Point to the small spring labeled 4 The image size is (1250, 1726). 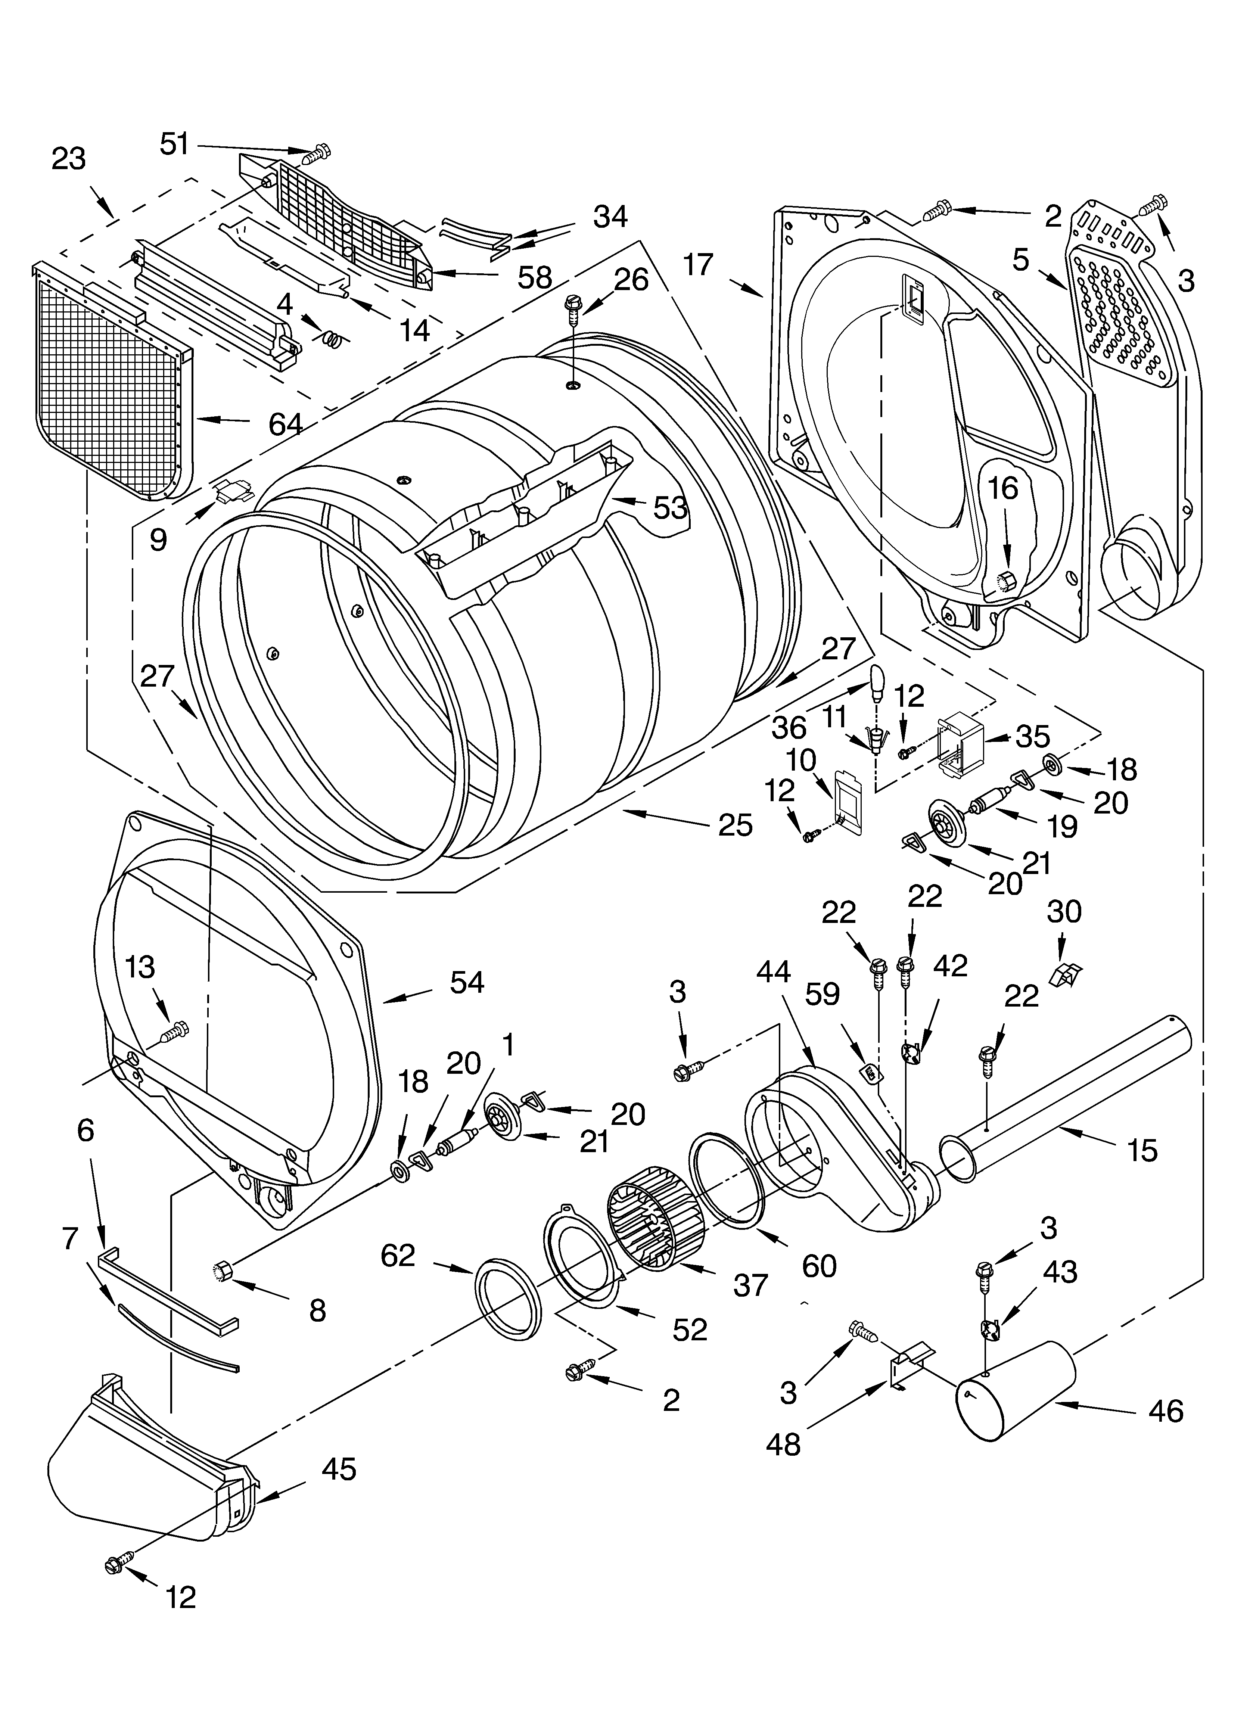pyautogui.click(x=333, y=336)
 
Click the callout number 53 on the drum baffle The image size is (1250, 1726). pyautogui.click(x=670, y=508)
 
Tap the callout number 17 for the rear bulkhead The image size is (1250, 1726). pyautogui.click(x=698, y=265)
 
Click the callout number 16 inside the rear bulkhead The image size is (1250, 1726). pyautogui.click(x=1003, y=489)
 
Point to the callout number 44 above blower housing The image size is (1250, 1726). pyautogui.click(x=774, y=972)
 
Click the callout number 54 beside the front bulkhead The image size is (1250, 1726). pyautogui.click(x=467, y=983)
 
